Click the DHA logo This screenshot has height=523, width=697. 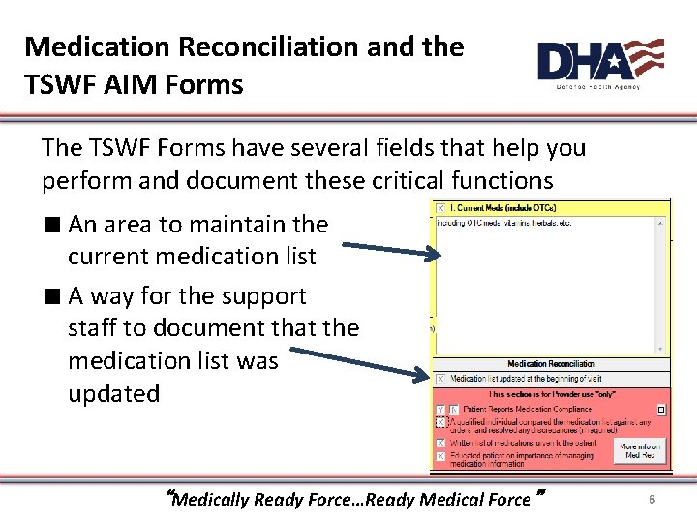pos(600,63)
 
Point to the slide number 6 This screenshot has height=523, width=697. pos(652,499)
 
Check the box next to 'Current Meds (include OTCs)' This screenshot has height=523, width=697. pos(441,208)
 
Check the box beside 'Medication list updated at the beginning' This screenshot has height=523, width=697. pos(441,379)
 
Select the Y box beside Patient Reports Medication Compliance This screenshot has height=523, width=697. pos(441,410)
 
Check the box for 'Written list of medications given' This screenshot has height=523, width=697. pos(441,443)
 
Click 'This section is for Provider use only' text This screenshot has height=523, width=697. pos(550,395)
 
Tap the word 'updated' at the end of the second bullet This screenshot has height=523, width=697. pos(113,394)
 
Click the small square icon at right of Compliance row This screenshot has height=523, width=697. pos(661,410)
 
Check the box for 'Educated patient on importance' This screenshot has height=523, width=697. pos(441,456)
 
